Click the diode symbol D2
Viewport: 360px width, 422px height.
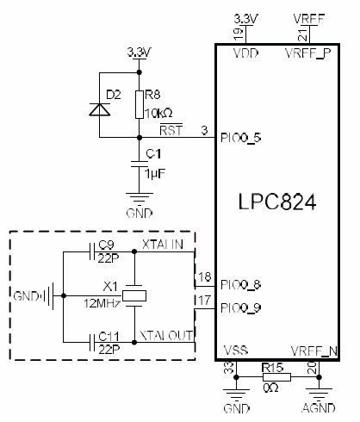pos(99,109)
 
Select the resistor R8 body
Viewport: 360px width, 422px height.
pos(140,104)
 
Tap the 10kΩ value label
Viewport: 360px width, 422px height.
pos(158,114)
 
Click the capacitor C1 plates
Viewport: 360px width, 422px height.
pos(140,164)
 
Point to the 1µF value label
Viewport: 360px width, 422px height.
pos(155,174)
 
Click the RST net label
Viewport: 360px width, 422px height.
pos(171,130)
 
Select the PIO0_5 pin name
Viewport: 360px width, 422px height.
pos(240,138)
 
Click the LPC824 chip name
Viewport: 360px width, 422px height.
pos(277,202)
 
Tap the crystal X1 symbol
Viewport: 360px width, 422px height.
pos(134,295)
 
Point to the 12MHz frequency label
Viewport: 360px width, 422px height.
pos(102,303)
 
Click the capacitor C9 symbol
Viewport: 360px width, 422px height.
pos(92,251)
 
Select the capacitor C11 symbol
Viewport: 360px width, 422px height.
pos(92,342)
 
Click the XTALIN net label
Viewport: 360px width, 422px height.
pos(163,245)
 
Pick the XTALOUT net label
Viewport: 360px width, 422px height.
pos(166,335)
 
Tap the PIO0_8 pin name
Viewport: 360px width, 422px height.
pos(240,285)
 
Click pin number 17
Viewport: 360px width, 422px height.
pos(204,301)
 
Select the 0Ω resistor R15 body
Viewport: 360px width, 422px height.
pos(277,377)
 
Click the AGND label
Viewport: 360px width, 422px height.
pos(319,408)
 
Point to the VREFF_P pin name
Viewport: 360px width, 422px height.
pos(307,53)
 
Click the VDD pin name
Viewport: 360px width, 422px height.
pos(245,53)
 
